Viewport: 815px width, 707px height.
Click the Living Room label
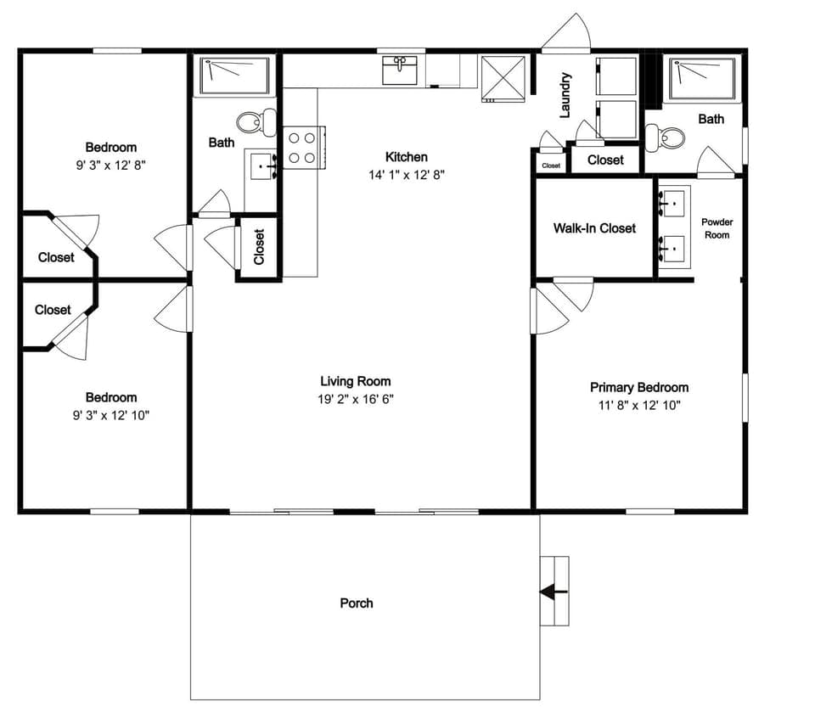[355, 381]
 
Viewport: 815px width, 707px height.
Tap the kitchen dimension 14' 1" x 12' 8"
[406, 174]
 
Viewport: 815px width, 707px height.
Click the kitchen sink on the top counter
[399, 70]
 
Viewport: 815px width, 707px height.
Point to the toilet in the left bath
[256, 122]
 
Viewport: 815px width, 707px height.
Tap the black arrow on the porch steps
[554, 592]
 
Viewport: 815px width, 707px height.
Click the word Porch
[356, 603]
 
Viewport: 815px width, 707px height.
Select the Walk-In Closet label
[594, 227]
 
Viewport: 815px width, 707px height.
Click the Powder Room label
[717, 228]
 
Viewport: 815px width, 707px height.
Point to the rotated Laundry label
[565, 94]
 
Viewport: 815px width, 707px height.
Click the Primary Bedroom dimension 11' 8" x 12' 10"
[638, 405]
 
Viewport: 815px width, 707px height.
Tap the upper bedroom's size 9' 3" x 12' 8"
[110, 165]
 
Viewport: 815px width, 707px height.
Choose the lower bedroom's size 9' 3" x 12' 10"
[110, 415]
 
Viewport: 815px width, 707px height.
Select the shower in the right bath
[703, 78]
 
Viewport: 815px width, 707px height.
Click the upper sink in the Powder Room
[672, 205]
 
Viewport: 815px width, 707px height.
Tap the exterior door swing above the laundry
[567, 34]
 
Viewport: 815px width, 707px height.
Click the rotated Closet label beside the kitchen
[259, 247]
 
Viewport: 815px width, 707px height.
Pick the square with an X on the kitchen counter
[503, 78]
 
